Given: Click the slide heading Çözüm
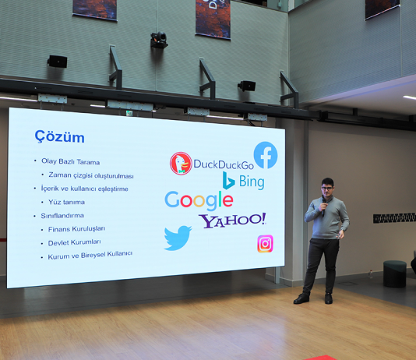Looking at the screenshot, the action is tap(59, 136).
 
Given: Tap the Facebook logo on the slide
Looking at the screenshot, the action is tap(266, 155).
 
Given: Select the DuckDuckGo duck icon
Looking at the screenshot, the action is tap(181, 164).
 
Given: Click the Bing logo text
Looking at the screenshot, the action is tap(252, 182).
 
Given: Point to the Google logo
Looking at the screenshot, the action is tap(199, 201).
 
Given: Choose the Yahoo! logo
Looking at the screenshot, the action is tap(232, 220).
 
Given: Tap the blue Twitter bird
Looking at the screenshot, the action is tap(178, 238).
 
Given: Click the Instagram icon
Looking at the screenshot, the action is tap(265, 244).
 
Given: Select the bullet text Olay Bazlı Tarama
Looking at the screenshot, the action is tap(71, 161).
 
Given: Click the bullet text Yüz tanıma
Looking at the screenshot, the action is tap(66, 202).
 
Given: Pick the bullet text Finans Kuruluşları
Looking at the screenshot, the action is tap(76, 229).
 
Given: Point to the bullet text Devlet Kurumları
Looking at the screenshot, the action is tap(74, 242).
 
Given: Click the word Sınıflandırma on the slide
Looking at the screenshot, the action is tap(62, 216).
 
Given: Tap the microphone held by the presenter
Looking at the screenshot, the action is tap(323, 207).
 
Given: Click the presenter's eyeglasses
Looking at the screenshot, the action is tap(327, 188).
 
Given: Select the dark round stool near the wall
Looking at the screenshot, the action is tap(395, 274).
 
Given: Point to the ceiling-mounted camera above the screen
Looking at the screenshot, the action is tap(159, 40).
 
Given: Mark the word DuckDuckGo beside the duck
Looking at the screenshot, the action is tap(224, 164).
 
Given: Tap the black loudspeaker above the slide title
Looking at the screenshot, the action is tap(58, 62).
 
